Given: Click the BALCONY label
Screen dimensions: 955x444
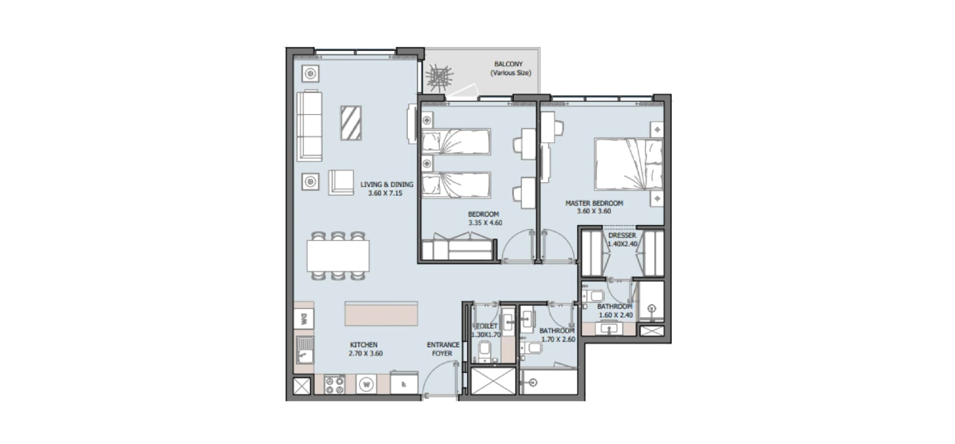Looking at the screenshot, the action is pos(508,64).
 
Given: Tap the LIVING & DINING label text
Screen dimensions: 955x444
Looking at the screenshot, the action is pos(387,184).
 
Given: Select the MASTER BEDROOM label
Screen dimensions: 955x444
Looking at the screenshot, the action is pos(594,203).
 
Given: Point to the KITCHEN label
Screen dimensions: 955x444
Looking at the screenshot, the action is pos(364,344).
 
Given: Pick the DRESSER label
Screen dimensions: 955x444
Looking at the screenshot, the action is pos(622,235).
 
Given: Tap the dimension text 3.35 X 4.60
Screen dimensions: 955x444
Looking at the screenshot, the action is pos(485,222).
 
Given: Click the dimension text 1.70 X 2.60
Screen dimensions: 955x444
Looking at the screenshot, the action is pos(558,339).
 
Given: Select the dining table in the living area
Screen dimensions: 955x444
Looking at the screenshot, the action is pos(338,256).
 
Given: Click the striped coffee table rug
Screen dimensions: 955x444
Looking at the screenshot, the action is pos(351,123).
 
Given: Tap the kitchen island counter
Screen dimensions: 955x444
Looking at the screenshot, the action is pos(381,314).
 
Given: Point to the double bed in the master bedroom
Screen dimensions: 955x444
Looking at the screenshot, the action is pos(629,164).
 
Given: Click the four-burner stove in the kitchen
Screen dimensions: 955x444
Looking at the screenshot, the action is pos(334,385).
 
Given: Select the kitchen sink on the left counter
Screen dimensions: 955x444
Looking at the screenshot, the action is pos(304,349).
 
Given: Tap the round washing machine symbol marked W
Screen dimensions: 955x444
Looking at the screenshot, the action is pos(367,384).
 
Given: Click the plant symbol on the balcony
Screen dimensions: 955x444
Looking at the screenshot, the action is pos(439,77).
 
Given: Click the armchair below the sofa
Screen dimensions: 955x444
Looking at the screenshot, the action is pos(341,182).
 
